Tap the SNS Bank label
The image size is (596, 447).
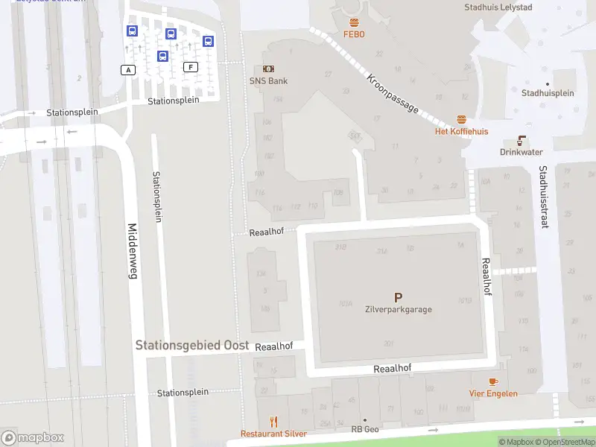click(x=268, y=80)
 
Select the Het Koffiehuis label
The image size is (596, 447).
click(x=461, y=131)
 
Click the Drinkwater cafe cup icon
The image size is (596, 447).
click(x=521, y=140)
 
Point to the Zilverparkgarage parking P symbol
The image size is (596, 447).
click(x=398, y=297)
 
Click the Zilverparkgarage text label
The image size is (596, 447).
click(x=398, y=310)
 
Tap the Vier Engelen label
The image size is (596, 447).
click(x=492, y=393)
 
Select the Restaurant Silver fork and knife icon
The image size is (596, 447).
click(x=273, y=421)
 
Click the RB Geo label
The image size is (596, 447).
click(x=365, y=429)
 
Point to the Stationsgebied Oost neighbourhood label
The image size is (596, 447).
click(x=187, y=346)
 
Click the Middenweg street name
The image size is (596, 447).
click(x=133, y=251)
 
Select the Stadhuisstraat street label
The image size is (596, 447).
click(x=544, y=197)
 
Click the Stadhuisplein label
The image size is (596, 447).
click(x=548, y=93)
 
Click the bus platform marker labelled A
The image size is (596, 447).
click(x=129, y=69)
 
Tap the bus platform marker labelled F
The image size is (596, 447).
click(x=191, y=67)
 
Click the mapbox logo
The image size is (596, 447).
click(x=33, y=438)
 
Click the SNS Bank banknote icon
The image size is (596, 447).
click(x=268, y=69)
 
